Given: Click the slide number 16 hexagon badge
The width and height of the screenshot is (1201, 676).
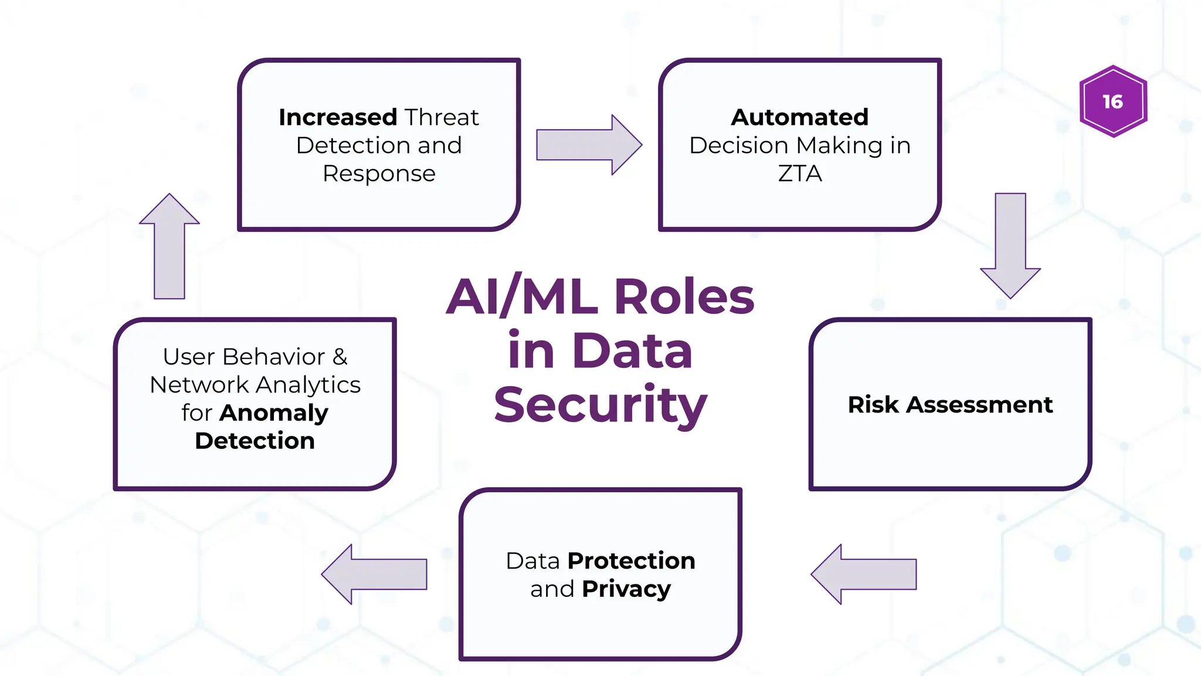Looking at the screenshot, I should pos(1113,102).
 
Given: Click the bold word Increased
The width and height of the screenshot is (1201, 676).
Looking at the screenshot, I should pos(338,117).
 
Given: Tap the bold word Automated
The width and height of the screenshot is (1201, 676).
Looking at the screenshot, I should pos(799,117).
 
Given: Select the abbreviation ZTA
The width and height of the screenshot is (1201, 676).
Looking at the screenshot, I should pos(800,174).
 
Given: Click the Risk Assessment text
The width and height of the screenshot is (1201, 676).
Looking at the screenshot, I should pos(950,405).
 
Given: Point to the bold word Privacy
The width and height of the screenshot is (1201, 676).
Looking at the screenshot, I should pos(626,589).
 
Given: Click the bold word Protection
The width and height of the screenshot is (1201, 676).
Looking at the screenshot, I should pos(631,561).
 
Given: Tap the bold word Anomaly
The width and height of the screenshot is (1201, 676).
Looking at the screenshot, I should pos(274,413).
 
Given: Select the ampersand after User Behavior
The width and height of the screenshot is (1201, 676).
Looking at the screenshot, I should pos(340,357).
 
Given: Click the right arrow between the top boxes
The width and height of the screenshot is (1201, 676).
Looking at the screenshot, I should pos(588,145).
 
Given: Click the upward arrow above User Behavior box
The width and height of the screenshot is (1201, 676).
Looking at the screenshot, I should pos(169,246).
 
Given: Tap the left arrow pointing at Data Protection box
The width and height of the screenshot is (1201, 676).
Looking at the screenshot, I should pos(863,574).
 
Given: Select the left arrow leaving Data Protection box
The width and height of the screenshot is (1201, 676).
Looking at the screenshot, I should pos(374,574).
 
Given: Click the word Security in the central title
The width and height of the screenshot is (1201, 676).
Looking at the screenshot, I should pos(600,405).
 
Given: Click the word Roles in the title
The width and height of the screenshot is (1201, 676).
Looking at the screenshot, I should pos(684,297).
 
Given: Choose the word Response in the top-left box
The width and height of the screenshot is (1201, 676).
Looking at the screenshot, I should pos(379,174).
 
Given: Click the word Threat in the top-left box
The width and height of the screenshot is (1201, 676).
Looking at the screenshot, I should pos(441,117).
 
